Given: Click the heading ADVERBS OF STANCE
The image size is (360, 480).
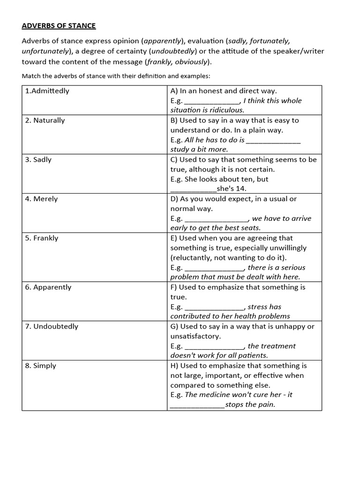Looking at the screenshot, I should pyautogui.click(x=59, y=26).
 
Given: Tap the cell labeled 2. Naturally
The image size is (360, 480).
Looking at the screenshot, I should pyautogui.click(x=45, y=120).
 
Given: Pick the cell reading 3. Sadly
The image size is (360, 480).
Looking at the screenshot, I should pyautogui.click(x=38, y=160).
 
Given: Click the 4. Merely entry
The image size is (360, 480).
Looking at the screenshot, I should pyautogui.click(x=41, y=199).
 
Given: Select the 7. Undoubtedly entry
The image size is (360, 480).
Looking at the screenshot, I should pyautogui.click(x=52, y=327).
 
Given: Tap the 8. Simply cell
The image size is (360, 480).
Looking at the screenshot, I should pyautogui.click(x=40, y=366).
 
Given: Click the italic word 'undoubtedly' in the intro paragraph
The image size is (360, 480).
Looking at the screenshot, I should pyautogui.click(x=170, y=51).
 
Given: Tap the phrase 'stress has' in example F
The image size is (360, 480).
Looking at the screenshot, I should pyautogui.click(x=264, y=307).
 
